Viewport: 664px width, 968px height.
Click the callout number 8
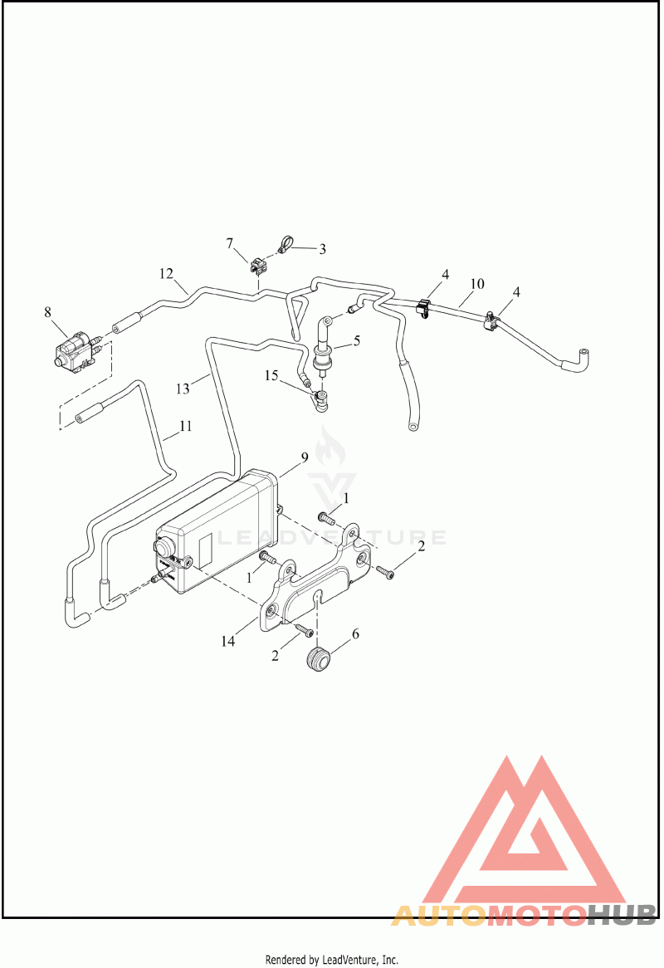click(x=48, y=312)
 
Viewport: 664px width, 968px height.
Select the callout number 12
click(x=166, y=273)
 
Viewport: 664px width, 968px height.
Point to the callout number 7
click(x=230, y=244)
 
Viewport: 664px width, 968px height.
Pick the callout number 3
click(x=322, y=249)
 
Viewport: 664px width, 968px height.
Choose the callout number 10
click(x=477, y=284)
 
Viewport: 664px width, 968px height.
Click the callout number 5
click(x=357, y=340)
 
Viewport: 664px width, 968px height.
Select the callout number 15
click(x=271, y=375)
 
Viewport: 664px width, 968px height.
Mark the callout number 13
click(x=183, y=389)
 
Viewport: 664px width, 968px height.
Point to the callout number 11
click(x=185, y=426)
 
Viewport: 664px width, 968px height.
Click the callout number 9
click(x=305, y=457)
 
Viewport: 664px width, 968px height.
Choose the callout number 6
click(x=355, y=634)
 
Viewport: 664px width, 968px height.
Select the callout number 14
click(x=228, y=642)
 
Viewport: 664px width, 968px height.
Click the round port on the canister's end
click(x=165, y=546)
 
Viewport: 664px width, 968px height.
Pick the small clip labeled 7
click(x=259, y=266)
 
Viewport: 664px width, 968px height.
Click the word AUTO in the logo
click(x=438, y=915)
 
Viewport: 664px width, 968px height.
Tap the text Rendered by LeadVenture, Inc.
click(x=332, y=960)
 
